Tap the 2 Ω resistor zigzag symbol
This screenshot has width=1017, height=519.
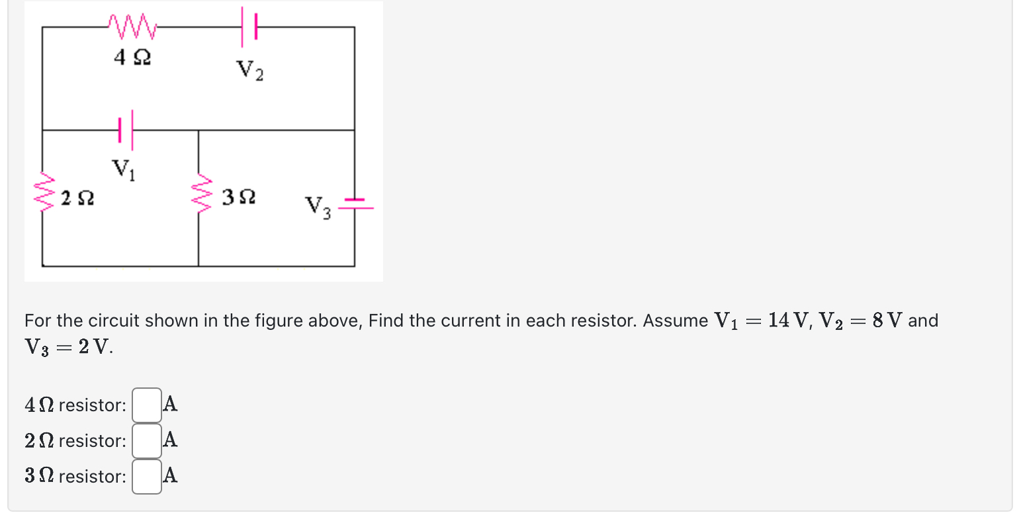43,191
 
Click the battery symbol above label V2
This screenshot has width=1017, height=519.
249,27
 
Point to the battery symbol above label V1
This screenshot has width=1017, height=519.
126,130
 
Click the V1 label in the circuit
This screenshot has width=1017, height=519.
124,169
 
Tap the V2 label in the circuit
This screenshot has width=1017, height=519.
249,69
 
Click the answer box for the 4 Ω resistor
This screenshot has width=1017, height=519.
147,405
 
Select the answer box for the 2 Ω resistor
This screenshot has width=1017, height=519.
147,440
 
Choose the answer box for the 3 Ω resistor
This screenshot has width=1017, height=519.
147,476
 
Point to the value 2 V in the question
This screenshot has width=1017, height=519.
92,347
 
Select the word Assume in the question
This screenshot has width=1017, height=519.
676,321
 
